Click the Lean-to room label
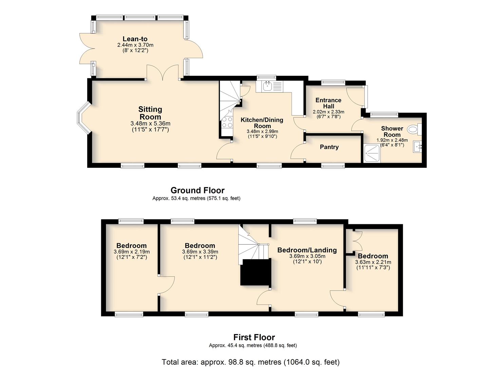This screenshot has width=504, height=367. point(135,39)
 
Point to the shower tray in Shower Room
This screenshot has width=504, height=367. point(372,154)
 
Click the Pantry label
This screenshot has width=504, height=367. point(329,147)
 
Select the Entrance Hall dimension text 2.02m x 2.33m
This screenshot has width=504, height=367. point(329,112)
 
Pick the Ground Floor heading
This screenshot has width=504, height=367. point(198,190)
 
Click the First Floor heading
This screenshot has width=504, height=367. point(254,337)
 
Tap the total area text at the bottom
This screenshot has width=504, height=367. point(251,362)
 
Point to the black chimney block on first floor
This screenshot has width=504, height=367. point(256,273)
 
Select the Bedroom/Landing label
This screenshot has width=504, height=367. point(307,250)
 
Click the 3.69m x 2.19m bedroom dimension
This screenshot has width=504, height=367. point(132,252)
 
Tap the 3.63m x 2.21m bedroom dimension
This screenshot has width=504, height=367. point(373,262)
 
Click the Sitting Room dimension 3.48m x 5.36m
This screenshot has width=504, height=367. point(150,123)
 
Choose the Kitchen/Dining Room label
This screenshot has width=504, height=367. point(262,123)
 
